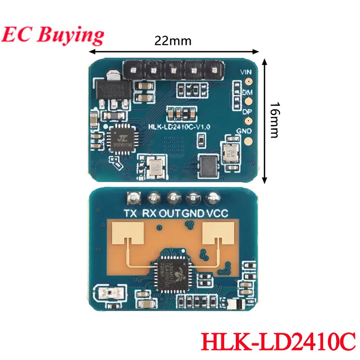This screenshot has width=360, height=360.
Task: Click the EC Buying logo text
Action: click(53, 34)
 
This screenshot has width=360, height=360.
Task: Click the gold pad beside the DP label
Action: click(247, 121)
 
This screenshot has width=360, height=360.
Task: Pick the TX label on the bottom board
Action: click(130, 213)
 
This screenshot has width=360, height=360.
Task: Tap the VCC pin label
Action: click(216, 213)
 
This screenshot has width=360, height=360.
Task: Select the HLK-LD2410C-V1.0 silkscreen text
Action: click(173, 127)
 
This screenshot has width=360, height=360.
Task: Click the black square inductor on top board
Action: click(207, 165)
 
